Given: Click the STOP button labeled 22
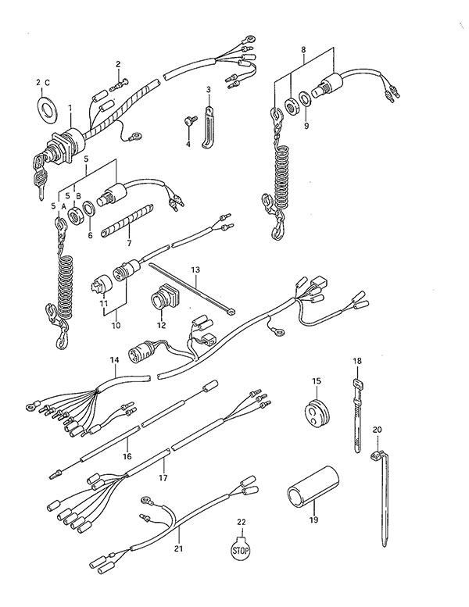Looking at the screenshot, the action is [240, 548].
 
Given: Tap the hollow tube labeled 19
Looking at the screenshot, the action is [313, 487].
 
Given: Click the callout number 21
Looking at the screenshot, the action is [178, 548].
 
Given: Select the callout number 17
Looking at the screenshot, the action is [163, 477].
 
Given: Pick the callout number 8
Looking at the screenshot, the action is [303, 49].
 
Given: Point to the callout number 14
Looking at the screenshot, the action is [114, 360].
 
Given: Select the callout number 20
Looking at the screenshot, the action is [378, 430].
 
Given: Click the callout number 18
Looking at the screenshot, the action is [356, 361].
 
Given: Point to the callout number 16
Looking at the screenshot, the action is [127, 456].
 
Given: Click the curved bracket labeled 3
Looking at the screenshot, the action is [208, 127].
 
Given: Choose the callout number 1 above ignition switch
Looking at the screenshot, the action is [70, 108].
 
